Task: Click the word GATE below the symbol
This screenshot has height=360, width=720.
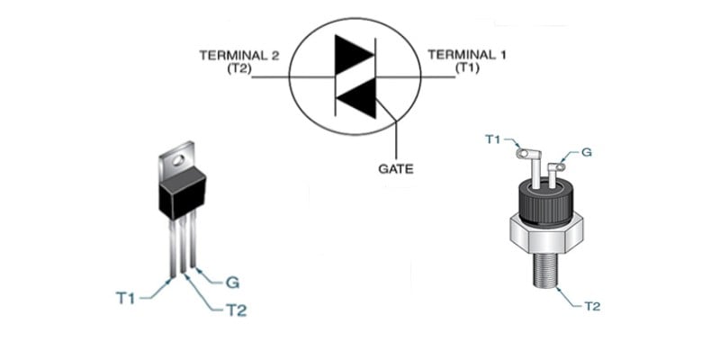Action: point(395,169)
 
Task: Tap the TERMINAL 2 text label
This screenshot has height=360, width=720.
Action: point(238,56)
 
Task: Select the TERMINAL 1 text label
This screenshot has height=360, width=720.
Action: point(467,55)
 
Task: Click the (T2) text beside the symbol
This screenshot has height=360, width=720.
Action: point(238,68)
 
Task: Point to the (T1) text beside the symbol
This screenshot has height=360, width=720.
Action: point(467,67)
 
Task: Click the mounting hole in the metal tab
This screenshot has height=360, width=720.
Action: point(178,160)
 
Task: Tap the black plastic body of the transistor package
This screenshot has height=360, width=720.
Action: point(183,193)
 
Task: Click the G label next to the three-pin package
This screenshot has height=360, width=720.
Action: point(232,283)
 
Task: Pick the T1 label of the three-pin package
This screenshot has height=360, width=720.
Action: point(125,298)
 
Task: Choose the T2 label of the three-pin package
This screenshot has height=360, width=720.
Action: point(237,310)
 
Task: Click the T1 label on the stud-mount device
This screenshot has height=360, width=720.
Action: point(493,139)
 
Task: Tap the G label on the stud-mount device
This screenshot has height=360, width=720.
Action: point(587,152)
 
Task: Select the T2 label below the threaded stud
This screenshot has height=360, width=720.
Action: point(592,306)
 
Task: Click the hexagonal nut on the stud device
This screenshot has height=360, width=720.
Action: point(546,234)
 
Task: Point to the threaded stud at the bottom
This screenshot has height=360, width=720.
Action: point(546,271)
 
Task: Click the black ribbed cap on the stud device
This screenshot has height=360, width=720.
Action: point(546,201)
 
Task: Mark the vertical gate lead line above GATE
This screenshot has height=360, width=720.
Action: point(395,140)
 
